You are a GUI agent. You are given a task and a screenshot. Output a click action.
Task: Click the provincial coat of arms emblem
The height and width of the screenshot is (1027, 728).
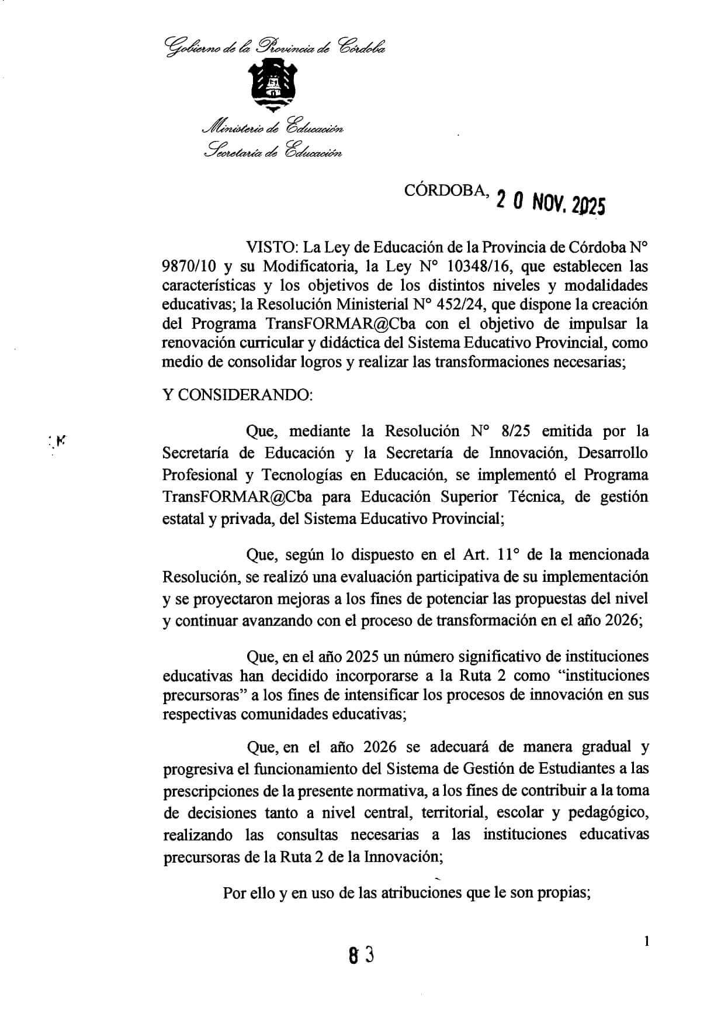273,87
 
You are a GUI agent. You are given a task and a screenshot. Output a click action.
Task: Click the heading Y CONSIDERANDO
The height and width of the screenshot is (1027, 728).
238,395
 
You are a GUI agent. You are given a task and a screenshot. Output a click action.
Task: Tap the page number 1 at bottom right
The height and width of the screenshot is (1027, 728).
646,941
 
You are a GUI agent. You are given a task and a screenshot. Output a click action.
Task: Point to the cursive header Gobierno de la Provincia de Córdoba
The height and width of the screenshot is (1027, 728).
276,47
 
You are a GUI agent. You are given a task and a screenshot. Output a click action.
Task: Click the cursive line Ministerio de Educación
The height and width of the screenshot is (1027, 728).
272,128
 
